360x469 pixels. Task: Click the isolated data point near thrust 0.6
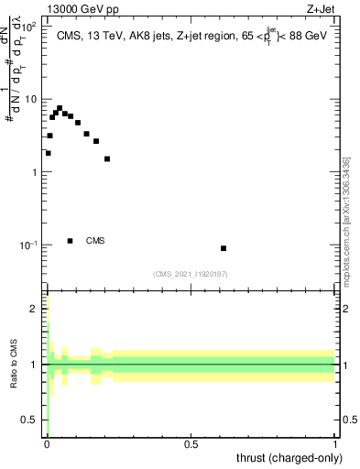(x=224, y=248)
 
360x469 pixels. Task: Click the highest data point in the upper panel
(x=60, y=108)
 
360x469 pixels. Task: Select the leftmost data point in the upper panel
(x=48, y=153)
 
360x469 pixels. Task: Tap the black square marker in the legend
(x=71, y=241)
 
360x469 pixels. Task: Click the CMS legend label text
(x=95, y=242)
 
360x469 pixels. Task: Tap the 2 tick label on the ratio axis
(x=34, y=309)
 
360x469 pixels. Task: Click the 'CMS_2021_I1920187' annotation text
(x=191, y=274)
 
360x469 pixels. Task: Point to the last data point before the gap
(x=107, y=158)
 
